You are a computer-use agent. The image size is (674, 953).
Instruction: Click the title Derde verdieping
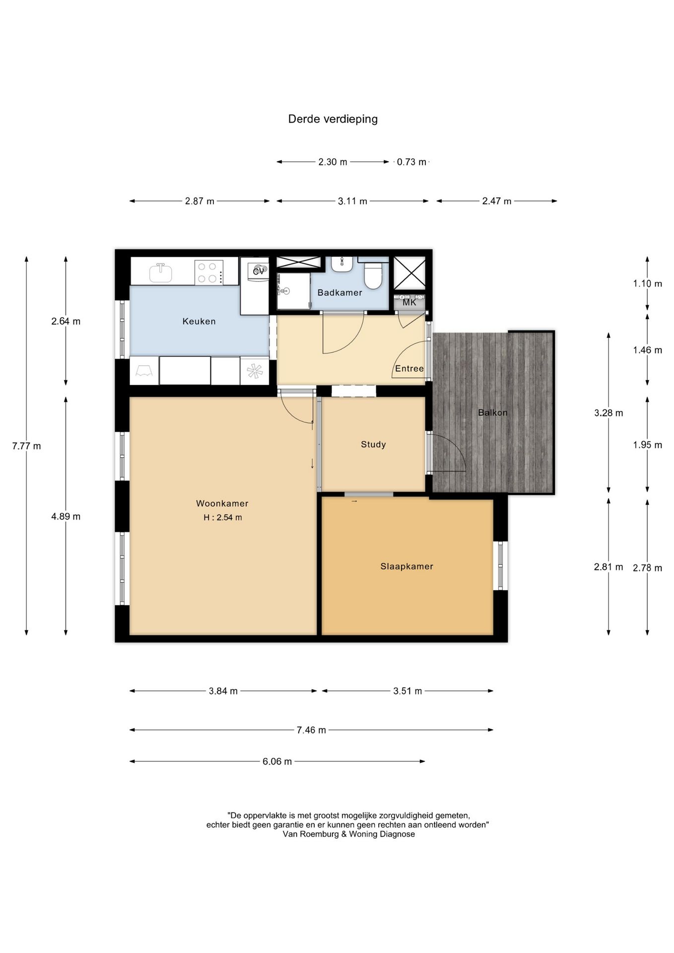(333, 119)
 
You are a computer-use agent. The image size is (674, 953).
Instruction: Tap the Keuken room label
(199, 322)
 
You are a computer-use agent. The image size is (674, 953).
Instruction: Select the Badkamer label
(339, 293)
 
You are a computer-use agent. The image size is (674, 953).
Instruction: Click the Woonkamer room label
(222, 503)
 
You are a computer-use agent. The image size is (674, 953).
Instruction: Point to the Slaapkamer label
(406, 566)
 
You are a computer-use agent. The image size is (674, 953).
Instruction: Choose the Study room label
(373, 445)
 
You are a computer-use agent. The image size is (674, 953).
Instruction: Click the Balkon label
(492, 412)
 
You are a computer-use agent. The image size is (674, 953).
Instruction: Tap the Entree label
(409, 369)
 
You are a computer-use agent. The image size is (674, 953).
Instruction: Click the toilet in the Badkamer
(372, 275)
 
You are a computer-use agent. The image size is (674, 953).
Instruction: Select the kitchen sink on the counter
(161, 272)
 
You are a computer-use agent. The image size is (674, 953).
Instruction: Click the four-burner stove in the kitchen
(208, 272)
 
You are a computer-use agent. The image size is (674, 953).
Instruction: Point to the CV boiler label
(259, 272)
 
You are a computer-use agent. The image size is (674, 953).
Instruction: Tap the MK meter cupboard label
(409, 302)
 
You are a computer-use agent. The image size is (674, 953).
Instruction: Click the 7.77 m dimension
(26, 446)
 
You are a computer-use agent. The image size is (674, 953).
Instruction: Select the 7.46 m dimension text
(311, 730)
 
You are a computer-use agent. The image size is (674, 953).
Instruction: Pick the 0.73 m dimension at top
(411, 162)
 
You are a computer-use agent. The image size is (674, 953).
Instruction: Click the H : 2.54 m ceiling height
(222, 518)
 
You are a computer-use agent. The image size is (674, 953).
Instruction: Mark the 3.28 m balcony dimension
(608, 413)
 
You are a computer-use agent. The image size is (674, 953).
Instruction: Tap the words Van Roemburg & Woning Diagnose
(348, 834)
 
